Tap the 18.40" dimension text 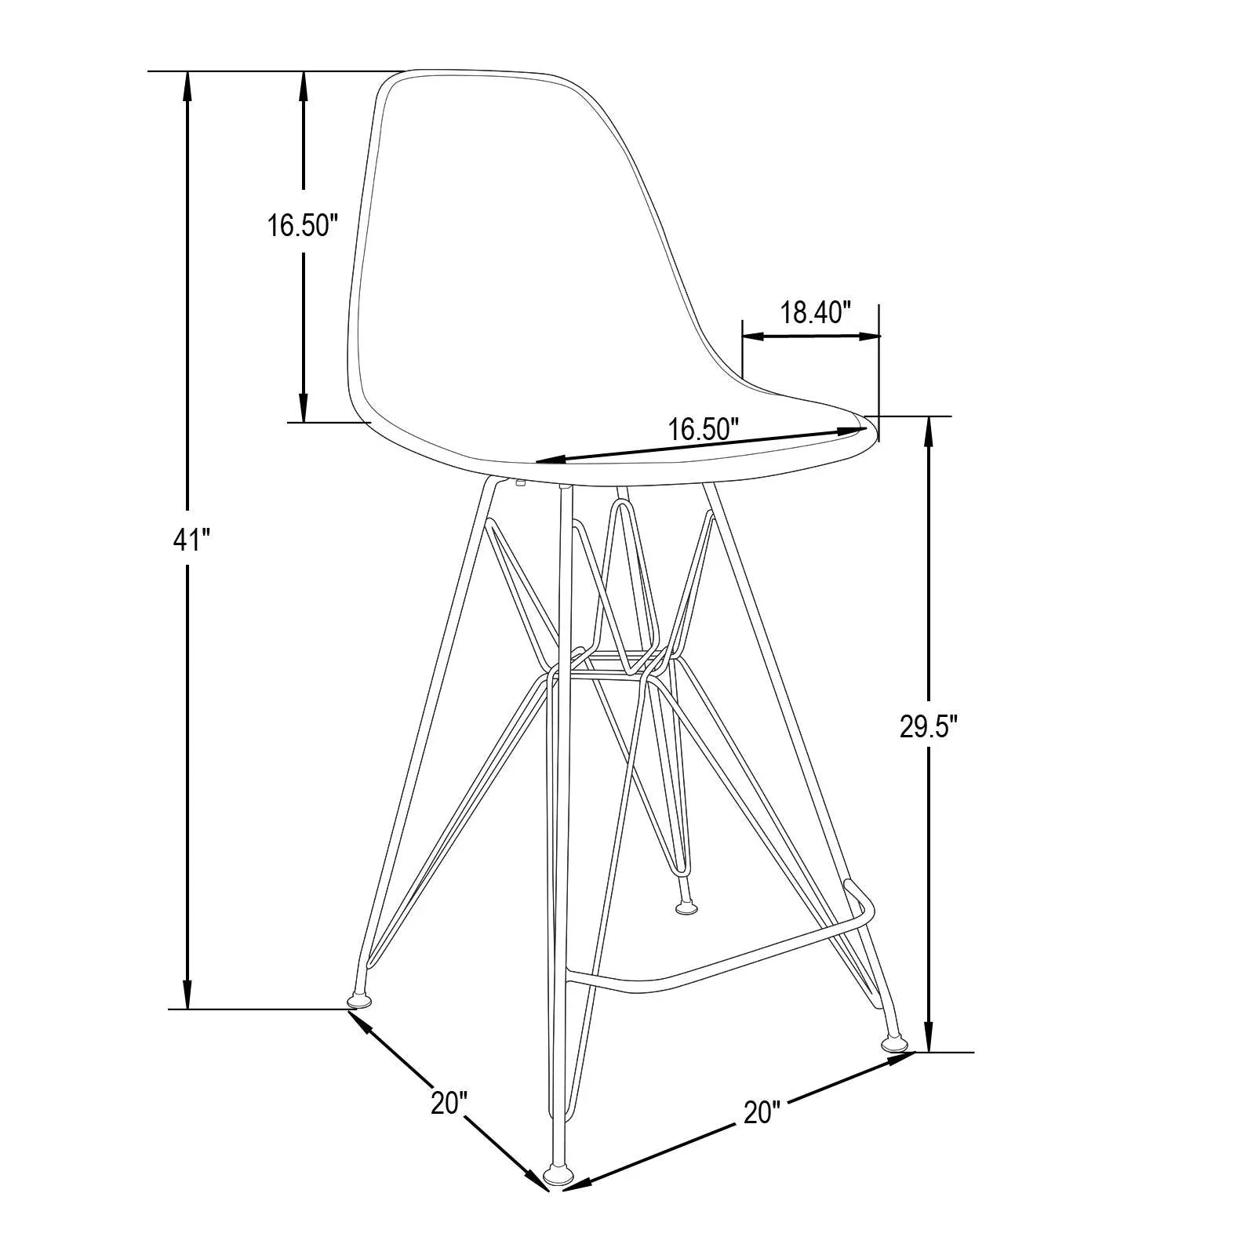pos(815,313)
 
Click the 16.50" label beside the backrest pos(302,226)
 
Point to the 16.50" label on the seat pos(704,429)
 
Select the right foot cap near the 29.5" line pos(893,1044)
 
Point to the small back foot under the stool pos(686,908)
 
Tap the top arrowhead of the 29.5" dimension pos(929,430)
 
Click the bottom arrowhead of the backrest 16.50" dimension pos(303,409)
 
